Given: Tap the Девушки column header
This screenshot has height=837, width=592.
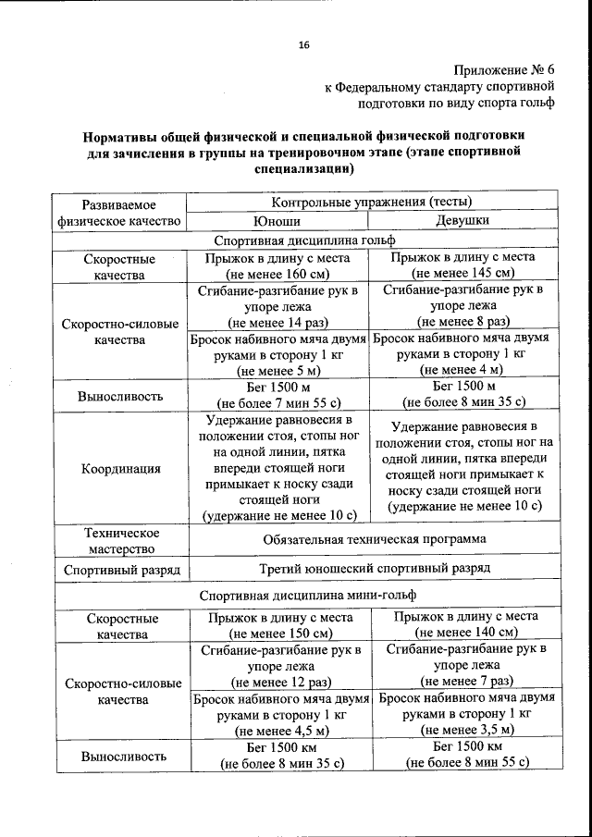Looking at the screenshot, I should pos(462,221).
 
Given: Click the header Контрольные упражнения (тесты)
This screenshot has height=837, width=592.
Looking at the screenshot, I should pos(371,202).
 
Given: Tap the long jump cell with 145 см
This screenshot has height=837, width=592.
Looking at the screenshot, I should pos(462,266).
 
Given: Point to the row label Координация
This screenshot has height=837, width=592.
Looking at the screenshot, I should pos(120,468).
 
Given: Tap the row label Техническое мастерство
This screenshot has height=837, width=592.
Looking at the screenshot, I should pos(121,541).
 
